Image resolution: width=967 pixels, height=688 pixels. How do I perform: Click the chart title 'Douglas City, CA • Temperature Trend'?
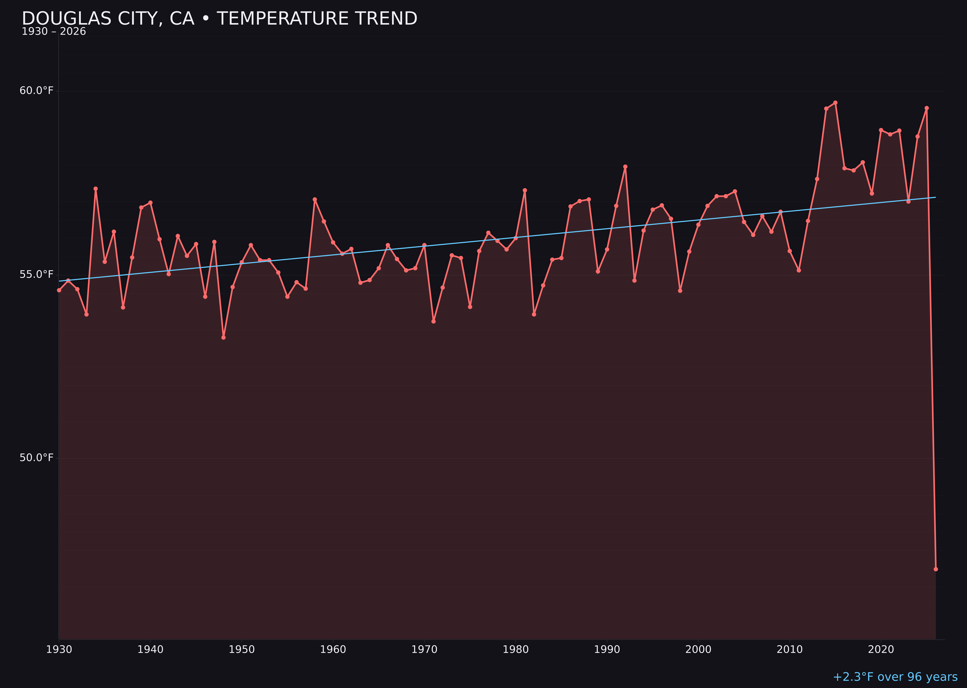219,19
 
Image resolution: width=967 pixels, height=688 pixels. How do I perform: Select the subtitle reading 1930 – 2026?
54,32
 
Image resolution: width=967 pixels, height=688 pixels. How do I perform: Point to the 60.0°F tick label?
37,91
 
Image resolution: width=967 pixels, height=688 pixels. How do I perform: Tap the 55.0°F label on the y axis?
37,275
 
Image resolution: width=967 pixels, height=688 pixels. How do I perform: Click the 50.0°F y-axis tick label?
37,458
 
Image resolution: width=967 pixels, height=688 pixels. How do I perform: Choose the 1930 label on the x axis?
59,650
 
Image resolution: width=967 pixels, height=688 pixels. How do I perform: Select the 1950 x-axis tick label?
242,650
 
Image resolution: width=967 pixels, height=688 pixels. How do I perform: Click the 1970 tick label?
424,650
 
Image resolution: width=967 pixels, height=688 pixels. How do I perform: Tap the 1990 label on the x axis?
607,650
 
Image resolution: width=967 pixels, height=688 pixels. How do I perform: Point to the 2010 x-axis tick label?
790,650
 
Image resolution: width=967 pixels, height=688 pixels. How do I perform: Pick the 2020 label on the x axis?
881,650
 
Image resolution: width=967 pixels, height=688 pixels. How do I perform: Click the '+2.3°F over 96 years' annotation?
895,677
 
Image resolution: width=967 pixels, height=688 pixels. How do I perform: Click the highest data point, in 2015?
835,103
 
